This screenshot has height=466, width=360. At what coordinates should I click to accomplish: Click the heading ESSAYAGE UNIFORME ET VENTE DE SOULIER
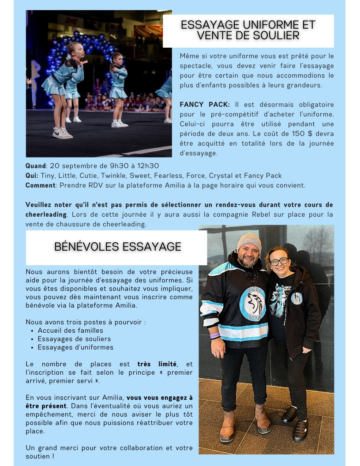[x=248, y=30]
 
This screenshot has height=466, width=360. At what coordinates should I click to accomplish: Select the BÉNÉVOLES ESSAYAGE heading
[x=117, y=246]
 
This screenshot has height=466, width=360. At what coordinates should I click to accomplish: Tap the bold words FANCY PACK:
[x=205, y=105]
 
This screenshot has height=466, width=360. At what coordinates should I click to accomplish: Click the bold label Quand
[x=35, y=166]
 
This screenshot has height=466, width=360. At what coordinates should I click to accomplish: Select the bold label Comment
[x=40, y=185]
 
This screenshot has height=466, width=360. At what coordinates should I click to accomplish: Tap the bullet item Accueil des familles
[x=70, y=331]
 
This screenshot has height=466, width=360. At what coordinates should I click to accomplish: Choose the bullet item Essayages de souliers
[x=74, y=339]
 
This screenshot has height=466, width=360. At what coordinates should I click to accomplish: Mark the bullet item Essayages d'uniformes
[x=75, y=347]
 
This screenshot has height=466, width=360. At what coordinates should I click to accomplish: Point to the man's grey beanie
[x=249, y=242]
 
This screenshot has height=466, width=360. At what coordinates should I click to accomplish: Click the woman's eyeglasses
[x=279, y=261]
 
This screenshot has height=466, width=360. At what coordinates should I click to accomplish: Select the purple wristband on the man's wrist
[x=215, y=336]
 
